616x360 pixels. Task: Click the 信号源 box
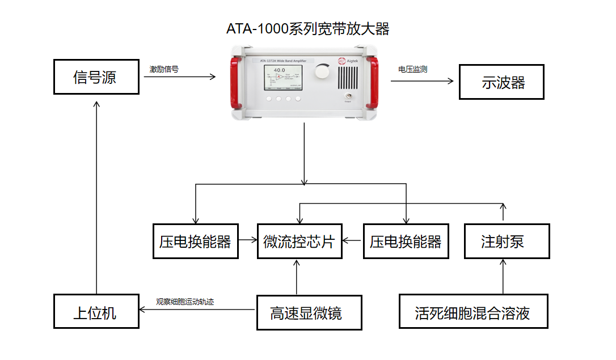[96, 77]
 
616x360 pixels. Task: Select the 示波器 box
[501, 82]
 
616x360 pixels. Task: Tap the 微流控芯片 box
[299, 242]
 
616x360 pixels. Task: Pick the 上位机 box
[96, 311]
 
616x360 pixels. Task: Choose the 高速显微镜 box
[309, 312]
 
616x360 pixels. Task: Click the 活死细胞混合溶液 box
[473, 311]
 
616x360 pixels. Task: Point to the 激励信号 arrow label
[164, 69]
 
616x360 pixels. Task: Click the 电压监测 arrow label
[412, 69]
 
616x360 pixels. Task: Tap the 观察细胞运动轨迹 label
[185, 302]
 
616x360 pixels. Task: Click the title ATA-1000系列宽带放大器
[308, 29]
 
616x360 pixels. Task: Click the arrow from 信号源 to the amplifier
[179, 77]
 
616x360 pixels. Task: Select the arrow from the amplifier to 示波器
[423, 81]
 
